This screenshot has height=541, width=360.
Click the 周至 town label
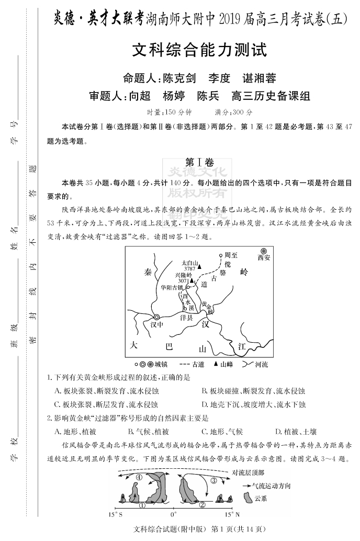coord(231,255)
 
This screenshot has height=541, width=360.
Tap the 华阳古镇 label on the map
coord(173,287)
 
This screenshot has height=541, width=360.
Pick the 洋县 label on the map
coord(187,317)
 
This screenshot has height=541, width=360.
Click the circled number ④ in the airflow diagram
coord(139,477)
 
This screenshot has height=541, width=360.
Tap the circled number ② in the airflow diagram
coord(202,505)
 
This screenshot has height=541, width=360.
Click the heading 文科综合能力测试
coord(199,51)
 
